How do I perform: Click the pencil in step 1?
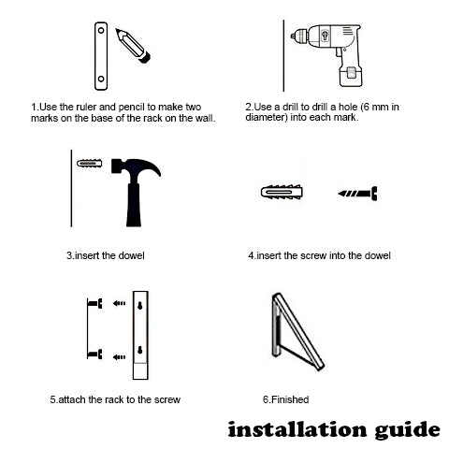pyautogui.click(x=133, y=46)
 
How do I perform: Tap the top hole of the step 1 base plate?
pyautogui.click(x=101, y=31)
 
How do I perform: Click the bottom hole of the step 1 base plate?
pyautogui.click(x=101, y=79)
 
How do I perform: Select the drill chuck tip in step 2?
pyautogui.click(x=294, y=36)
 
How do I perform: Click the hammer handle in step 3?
pyautogui.click(x=134, y=205)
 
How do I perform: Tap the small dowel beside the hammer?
pyautogui.click(x=90, y=163)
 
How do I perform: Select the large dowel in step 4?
pyautogui.click(x=282, y=192)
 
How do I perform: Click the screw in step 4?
pyautogui.click(x=358, y=194)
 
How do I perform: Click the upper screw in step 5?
pyautogui.click(x=95, y=303)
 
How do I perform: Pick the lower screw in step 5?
pyautogui.click(x=95, y=354)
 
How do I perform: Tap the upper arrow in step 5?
pyautogui.click(x=119, y=303)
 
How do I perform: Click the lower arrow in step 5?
pyautogui.click(x=119, y=357)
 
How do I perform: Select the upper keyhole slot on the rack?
pyautogui.click(x=140, y=306)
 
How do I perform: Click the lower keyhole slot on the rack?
pyautogui.click(x=140, y=350)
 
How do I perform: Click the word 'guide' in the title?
pyautogui.click(x=408, y=430)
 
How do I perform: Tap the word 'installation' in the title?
pyautogui.click(x=297, y=429)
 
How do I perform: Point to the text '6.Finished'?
pyautogui.click(x=285, y=399)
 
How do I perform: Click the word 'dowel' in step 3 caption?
pyautogui.click(x=131, y=255)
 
